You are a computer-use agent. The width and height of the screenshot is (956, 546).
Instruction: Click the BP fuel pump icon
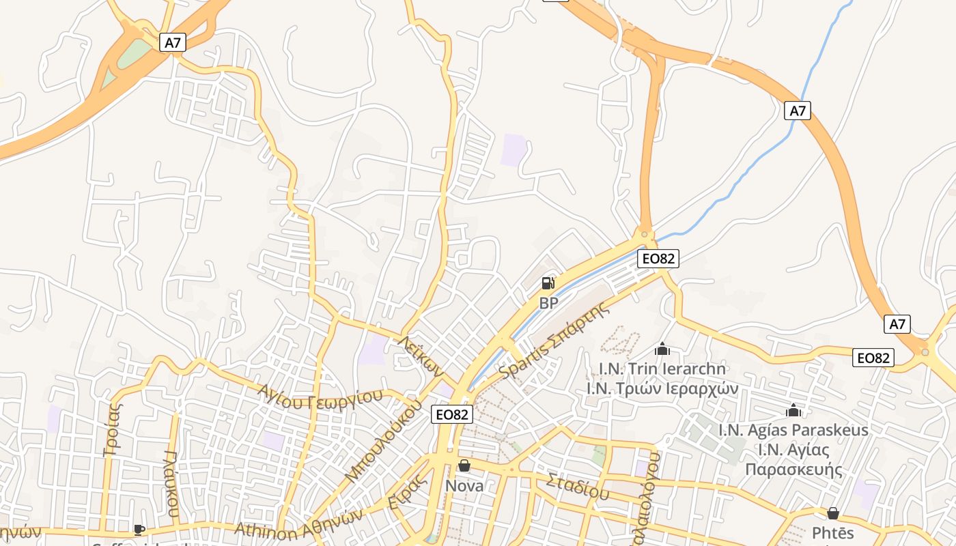tap(548, 283)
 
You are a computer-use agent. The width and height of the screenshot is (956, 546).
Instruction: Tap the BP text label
tap(548, 303)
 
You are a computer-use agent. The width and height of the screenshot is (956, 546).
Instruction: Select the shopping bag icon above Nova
tap(464, 465)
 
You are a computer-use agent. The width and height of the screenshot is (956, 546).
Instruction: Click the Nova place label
tap(464, 486)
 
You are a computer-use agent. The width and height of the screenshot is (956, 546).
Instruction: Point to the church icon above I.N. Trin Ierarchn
tap(662, 349)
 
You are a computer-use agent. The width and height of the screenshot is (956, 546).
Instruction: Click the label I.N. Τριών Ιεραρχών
tap(662, 388)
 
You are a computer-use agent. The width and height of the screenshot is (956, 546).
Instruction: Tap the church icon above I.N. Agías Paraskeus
tap(793, 410)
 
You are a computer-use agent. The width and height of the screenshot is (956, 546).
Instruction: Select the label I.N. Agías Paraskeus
tap(793, 430)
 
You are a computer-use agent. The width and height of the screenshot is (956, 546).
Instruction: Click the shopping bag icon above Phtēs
tap(832, 513)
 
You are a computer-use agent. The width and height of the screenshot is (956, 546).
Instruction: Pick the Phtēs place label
tap(832, 532)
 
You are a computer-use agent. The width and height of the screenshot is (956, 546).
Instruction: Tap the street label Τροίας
tap(113, 429)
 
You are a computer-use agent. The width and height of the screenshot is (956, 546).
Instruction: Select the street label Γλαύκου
tap(172, 483)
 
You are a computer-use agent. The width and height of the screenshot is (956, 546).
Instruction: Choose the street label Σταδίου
tap(578, 485)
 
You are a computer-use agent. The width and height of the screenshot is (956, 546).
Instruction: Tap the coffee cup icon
tap(139, 530)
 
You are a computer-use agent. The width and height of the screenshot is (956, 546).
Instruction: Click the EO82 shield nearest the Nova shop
tap(452, 414)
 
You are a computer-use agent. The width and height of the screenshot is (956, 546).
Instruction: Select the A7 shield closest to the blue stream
tap(798, 111)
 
